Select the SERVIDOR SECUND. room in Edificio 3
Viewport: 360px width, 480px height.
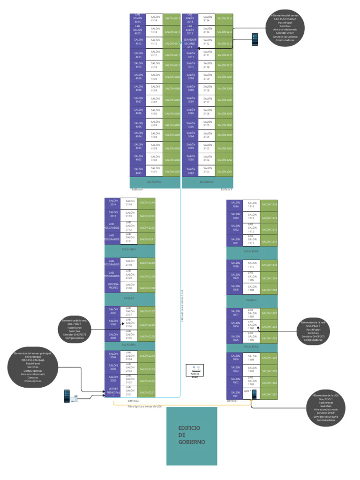(190, 44)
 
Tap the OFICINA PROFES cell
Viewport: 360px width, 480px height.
(113, 286)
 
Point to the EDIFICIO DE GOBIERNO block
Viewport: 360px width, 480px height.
(192, 435)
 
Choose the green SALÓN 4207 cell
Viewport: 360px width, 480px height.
(172, 100)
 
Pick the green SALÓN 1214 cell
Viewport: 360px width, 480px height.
(269, 205)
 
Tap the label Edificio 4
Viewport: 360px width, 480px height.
(137, 189)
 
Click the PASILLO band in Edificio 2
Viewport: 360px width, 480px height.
(129, 298)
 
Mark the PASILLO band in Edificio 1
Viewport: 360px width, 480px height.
(251, 299)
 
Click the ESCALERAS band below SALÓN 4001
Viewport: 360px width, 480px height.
(155, 182)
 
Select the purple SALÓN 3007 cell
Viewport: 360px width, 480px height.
(190, 100)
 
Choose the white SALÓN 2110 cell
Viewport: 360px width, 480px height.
(129, 263)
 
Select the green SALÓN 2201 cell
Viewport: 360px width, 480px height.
(147, 392)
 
